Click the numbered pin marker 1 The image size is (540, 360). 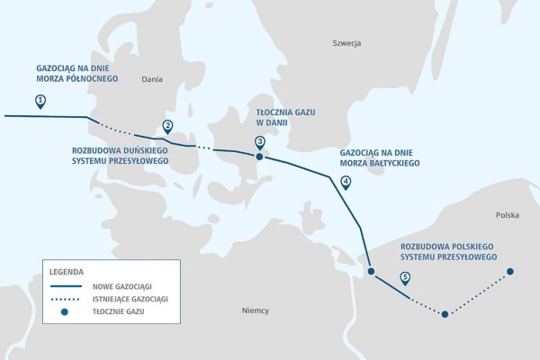[40, 101]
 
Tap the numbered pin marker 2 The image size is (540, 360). [166, 126]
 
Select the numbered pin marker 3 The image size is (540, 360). [259, 141]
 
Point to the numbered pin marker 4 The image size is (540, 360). [346, 182]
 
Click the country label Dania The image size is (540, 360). [152, 80]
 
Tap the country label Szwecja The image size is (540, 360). [346, 43]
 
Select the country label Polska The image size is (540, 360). [507, 216]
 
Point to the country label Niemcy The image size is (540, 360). [256, 310]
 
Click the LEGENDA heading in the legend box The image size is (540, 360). [67, 270]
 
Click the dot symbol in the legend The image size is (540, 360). [65, 311]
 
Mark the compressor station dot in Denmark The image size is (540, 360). [259, 157]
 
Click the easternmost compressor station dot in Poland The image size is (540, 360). [510, 271]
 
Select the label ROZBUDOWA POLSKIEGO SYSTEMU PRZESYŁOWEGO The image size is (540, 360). [449, 251]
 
